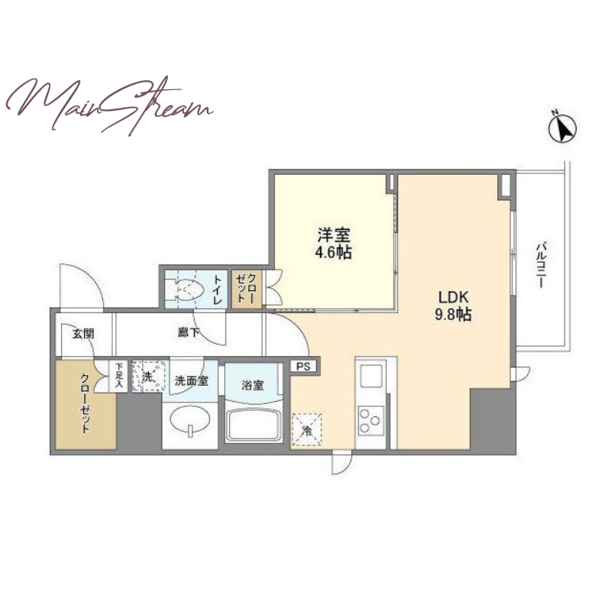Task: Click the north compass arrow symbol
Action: click(x=563, y=127)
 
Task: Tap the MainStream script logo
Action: click(x=109, y=105)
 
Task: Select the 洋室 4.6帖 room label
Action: click(x=334, y=244)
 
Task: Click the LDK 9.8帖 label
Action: click(x=453, y=306)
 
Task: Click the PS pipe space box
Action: click(x=303, y=367)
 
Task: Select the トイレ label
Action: click(x=217, y=289)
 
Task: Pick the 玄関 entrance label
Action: click(x=83, y=334)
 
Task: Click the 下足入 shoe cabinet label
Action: click(x=118, y=376)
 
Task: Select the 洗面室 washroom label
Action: click(x=192, y=380)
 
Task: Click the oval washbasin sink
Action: click(x=190, y=420)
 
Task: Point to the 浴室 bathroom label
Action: click(x=253, y=386)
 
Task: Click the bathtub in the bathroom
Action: click(x=254, y=425)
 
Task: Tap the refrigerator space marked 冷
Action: click(x=307, y=429)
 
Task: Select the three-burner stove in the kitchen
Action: click(x=370, y=420)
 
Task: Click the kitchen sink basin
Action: click(x=370, y=375)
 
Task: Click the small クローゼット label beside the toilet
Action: click(x=247, y=289)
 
